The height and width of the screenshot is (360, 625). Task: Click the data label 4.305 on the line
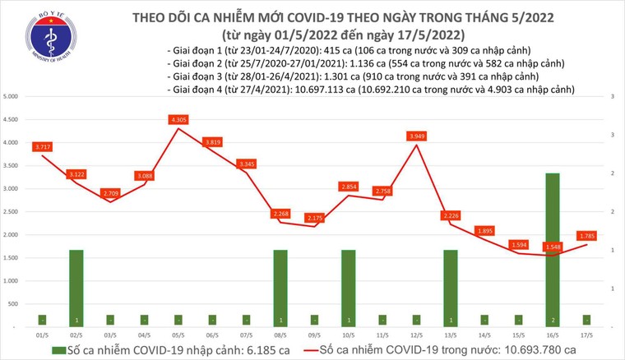tap(178, 120)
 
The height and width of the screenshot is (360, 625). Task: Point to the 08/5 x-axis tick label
tap(280, 335)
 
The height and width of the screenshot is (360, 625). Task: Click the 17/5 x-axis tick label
tap(586, 335)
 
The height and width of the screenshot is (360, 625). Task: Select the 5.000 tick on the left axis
tap(12, 97)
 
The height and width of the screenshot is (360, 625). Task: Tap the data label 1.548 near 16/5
tap(553, 247)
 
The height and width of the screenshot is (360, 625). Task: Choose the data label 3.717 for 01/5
tap(42, 147)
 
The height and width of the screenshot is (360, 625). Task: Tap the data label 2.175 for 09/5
tap(314, 218)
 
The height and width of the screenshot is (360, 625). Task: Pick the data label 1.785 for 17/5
tap(587, 236)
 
